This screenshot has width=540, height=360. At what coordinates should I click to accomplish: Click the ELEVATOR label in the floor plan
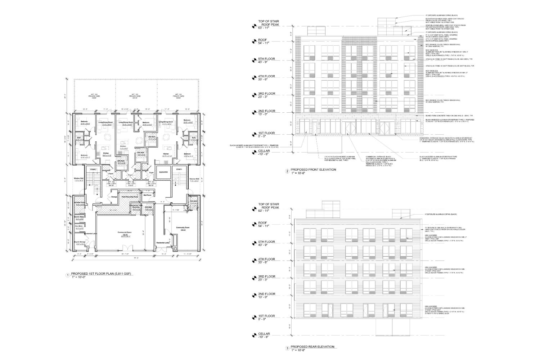point(163,172)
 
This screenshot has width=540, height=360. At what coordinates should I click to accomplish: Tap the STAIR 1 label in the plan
point(179,169)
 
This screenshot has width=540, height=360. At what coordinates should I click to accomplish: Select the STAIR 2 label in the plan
point(93,169)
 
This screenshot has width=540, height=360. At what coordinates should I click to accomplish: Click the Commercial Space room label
point(123,233)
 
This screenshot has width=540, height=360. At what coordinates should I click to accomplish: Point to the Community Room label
point(183,228)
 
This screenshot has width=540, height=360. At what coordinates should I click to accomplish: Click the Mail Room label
point(147,195)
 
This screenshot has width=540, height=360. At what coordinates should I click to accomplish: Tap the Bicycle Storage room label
point(80,242)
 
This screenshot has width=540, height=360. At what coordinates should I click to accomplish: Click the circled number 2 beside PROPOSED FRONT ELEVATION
point(287,172)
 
